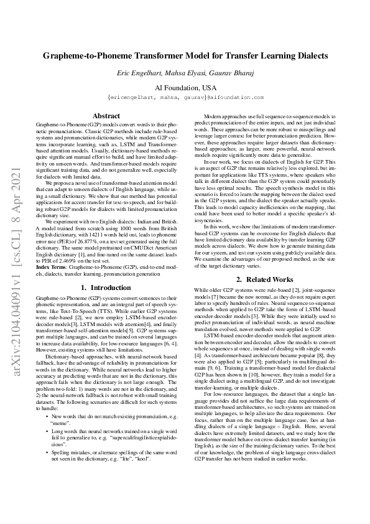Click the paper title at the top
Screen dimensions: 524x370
tap(185, 56)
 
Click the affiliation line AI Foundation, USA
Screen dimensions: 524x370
tap(185, 88)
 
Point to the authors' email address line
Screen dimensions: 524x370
tap(185, 98)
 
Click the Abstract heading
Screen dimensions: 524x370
tap(106, 116)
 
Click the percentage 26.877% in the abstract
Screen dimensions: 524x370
tap(118, 233)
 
